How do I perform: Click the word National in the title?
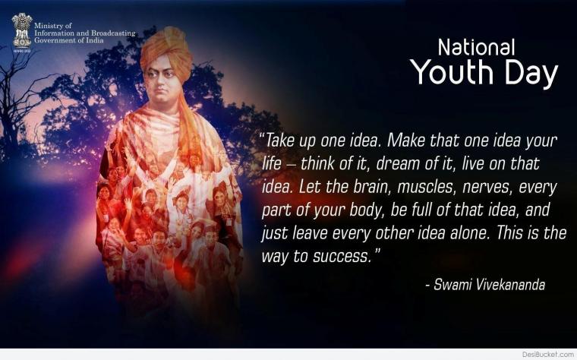[476, 48]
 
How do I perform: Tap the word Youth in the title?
[452, 72]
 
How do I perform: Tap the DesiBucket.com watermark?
[547, 355]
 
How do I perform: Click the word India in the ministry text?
[95, 40]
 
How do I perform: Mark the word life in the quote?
[271, 163]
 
